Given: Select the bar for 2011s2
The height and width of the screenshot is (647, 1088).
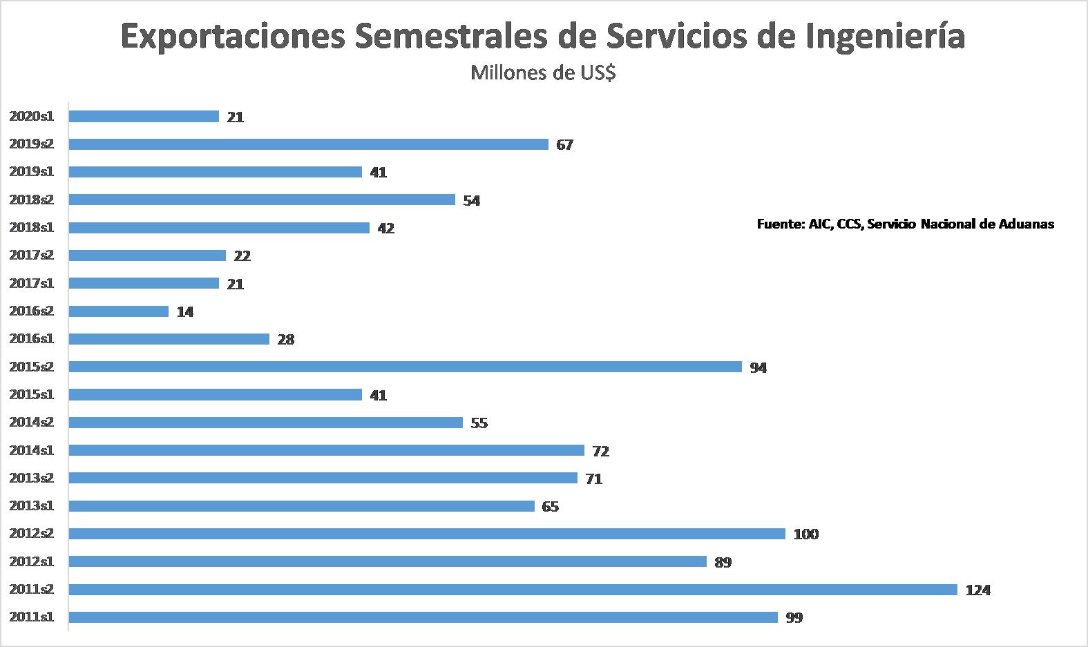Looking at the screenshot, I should tap(513, 590).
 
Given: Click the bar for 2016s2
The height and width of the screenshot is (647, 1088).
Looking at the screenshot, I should tap(119, 311).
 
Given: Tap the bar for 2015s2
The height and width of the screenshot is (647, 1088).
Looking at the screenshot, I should tap(405, 367).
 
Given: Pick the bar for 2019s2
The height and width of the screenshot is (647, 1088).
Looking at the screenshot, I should tap(308, 144).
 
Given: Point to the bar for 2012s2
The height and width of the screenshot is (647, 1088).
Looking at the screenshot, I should tap(427, 534).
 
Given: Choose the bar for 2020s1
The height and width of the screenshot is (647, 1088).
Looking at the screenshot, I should tap(144, 117).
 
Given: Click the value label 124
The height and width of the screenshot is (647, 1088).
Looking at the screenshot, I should tap(978, 590).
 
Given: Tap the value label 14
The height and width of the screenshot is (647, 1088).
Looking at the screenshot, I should tap(184, 312).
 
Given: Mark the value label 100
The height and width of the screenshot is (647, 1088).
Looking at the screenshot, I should tap(806, 534).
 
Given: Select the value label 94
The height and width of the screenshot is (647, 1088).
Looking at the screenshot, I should tap(758, 368).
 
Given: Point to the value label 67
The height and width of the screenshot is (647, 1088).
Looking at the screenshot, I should tap(565, 145).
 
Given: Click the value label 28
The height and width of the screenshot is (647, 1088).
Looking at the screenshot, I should tap(286, 340).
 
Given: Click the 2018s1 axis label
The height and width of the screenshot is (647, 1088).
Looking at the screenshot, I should tap(32, 227).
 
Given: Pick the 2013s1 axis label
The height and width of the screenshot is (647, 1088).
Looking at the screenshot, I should tap(32, 505).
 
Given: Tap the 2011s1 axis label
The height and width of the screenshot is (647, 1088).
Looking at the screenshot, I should tap(32, 617).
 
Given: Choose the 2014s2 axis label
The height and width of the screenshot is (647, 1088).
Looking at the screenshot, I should tap(32, 422).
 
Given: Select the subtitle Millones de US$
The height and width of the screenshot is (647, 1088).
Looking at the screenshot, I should tap(543, 73).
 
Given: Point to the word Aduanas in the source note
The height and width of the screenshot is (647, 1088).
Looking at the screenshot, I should tap(1027, 224).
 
